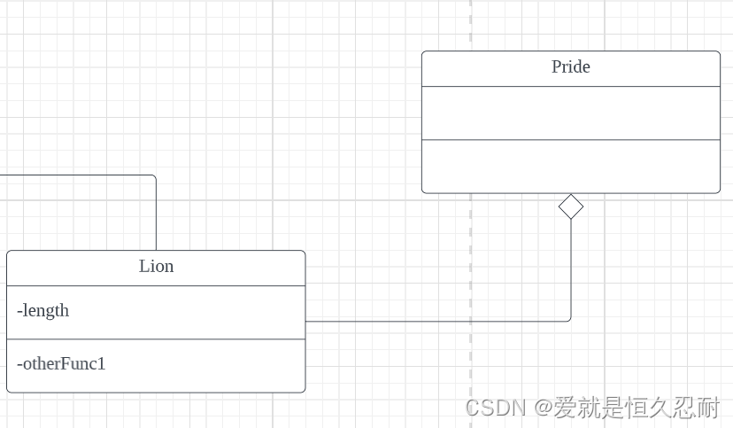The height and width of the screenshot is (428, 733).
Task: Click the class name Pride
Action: point(570,67)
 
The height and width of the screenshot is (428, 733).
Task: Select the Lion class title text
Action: point(156,267)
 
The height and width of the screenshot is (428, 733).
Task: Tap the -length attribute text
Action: point(42,311)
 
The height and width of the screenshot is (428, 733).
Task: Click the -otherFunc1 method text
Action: point(61,363)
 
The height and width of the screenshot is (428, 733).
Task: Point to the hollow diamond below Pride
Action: point(571,206)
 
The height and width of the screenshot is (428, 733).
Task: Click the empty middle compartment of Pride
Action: point(570,113)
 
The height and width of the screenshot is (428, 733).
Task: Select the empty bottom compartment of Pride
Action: point(570,166)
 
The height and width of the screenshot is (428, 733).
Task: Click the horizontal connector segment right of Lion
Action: point(434,321)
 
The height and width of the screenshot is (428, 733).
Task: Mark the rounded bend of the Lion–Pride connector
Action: point(569,319)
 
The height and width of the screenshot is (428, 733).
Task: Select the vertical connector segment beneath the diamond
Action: point(571,266)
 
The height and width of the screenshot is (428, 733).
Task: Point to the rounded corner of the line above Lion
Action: point(154,176)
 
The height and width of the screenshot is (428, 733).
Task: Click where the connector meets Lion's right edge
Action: point(305,321)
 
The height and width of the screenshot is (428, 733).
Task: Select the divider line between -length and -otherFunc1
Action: point(156,339)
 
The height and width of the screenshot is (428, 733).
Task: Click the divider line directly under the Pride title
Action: point(570,86)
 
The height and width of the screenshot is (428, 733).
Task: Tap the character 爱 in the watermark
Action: point(566,408)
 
